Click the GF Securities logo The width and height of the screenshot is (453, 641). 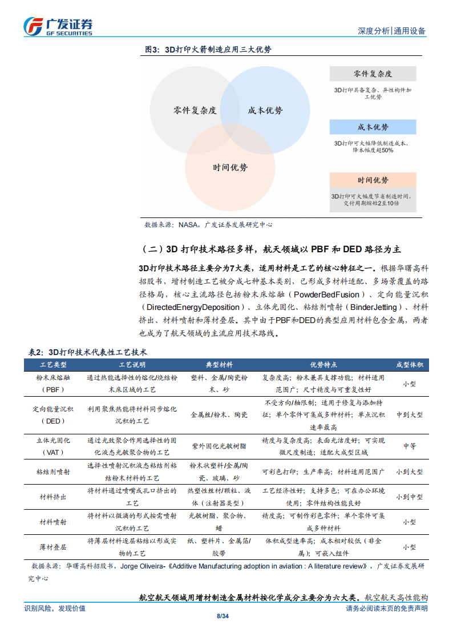[58, 26]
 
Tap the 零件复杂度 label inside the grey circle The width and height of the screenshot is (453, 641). [195, 111]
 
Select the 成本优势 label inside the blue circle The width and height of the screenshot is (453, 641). [265, 111]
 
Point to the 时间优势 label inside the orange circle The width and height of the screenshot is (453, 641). [230, 168]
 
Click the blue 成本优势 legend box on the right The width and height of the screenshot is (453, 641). [373, 127]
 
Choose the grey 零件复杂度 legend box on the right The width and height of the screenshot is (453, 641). [373, 74]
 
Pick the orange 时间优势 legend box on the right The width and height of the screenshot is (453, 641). [373, 181]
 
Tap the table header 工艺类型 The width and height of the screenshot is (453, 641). [54, 365]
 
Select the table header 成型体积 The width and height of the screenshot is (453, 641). [409, 365]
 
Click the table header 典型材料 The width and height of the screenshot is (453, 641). [219, 365]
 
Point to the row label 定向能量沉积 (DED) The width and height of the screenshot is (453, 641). [54, 415]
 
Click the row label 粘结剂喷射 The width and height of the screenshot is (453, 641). [54, 472]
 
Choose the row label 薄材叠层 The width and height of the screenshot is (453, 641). [54, 546]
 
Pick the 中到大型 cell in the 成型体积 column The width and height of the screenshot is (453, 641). [409, 415]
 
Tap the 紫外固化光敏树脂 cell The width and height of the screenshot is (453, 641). [219, 446]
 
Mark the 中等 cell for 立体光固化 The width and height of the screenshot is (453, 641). [409, 446]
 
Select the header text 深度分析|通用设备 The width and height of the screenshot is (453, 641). [391, 31]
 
